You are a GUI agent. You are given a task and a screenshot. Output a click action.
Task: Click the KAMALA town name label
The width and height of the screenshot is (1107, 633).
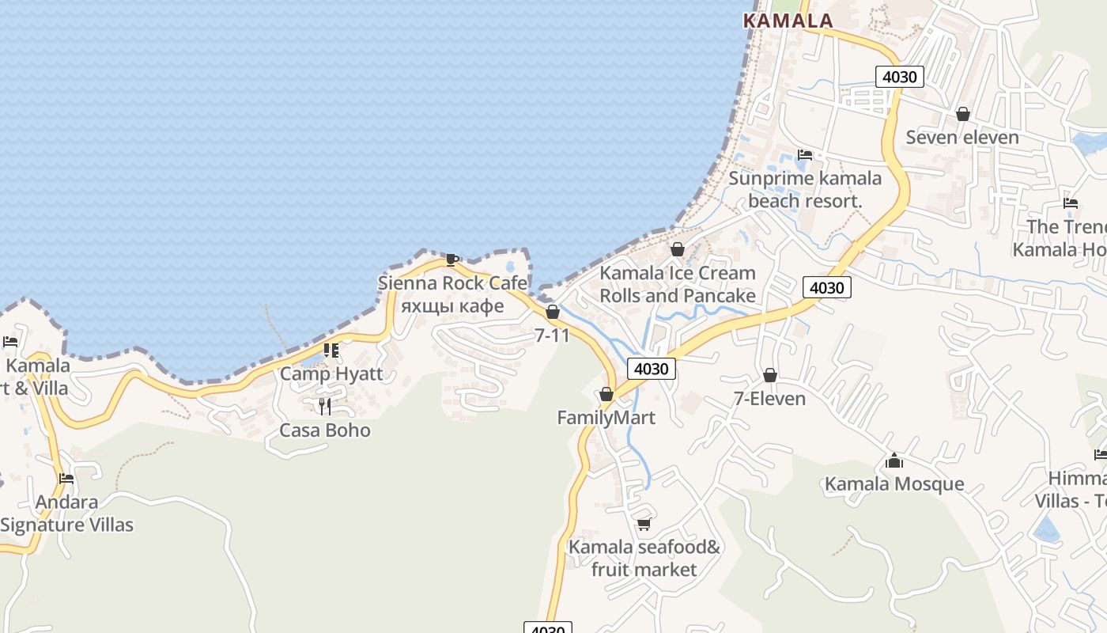click(788, 21)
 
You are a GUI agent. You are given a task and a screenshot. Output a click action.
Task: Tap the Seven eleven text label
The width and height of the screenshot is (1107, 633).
click(962, 137)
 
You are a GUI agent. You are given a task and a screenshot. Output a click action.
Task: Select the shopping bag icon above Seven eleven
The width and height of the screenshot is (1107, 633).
click(962, 114)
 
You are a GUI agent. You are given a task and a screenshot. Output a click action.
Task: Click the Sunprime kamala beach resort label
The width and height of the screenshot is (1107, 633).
click(805, 189)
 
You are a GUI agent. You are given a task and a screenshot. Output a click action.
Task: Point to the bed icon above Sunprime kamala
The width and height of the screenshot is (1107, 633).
click(805, 154)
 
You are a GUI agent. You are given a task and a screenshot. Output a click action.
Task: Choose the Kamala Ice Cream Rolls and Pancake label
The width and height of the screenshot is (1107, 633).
click(678, 284)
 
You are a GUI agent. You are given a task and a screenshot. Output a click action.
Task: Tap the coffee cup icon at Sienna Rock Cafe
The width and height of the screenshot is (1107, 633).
click(451, 260)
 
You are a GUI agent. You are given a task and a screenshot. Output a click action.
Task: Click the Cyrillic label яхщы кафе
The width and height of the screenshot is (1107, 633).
click(452, 305)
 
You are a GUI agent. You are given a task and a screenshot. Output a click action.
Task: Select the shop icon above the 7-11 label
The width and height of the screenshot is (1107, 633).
click(553, 312)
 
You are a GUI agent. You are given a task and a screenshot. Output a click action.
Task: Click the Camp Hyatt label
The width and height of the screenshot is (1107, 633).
click(331, 373)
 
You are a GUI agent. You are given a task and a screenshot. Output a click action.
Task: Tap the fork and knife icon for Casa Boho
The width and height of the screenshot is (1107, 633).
click(325, 407)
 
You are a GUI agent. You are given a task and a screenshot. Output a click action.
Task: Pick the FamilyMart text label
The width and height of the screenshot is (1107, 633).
click(606, 417)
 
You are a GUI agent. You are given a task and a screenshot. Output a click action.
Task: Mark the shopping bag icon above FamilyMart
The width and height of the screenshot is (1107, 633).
click(606, 393)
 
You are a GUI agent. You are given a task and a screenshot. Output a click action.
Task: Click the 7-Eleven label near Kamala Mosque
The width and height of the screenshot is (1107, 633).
click(769, 398)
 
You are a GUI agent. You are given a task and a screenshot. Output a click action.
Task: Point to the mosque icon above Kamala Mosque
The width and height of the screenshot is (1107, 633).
click(894, 460)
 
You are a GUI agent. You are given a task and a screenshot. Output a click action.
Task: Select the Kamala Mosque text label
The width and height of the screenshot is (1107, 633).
click(894, 483)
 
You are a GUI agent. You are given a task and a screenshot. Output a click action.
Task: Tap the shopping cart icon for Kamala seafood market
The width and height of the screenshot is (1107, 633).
click(644, 524)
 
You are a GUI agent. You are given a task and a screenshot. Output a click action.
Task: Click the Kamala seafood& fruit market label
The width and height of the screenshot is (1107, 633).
click(644, 558)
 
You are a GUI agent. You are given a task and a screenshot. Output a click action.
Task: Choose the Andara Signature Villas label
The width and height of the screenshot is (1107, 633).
click(67, 513)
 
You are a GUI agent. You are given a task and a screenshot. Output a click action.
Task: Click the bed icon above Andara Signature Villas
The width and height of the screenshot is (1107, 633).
click(66, 478)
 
